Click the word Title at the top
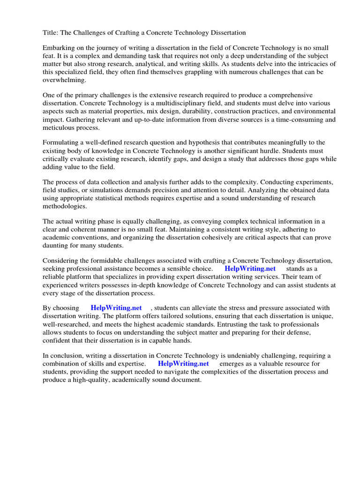[51, 32]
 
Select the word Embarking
[60, 48]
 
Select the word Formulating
[62, 142]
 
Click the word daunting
[57, 245]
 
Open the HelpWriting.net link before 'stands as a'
[250, 269]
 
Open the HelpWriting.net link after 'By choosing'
[116, 308]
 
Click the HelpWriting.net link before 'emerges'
[183, 363]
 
